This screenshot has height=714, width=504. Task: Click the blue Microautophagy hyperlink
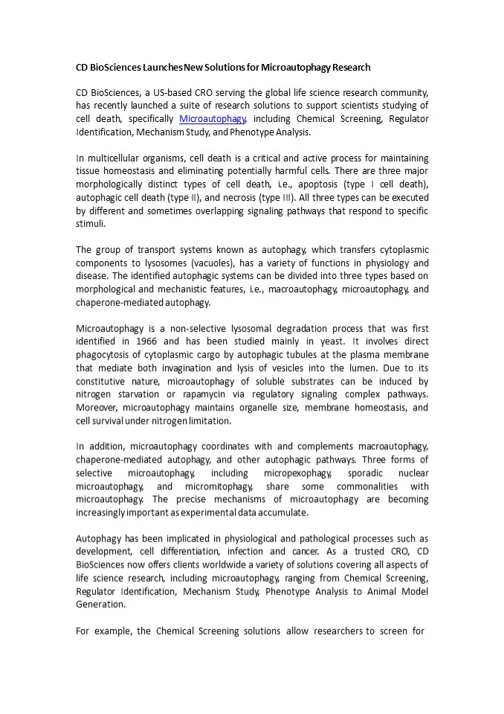pyautogui.click(x=212, y=119)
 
